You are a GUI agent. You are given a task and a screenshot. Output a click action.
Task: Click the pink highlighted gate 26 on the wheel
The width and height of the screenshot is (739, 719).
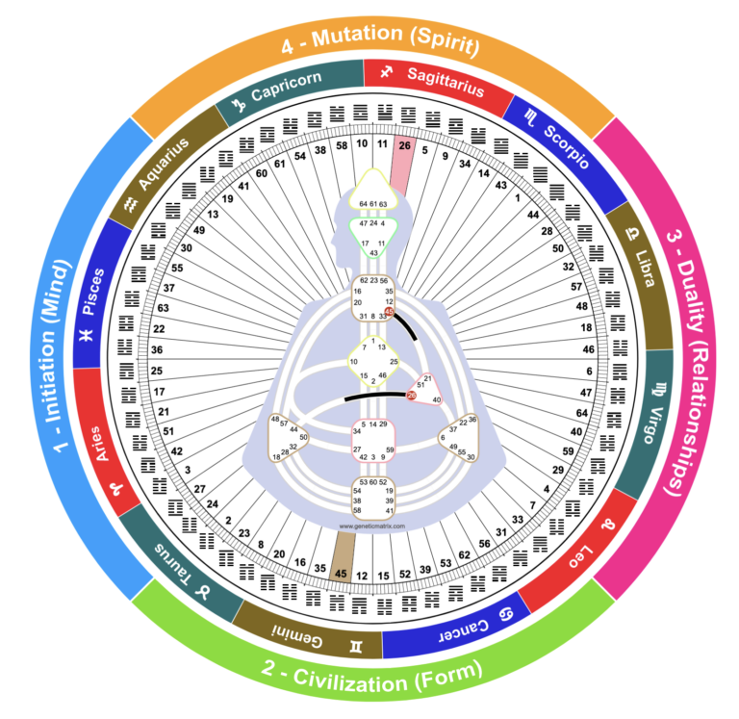(405, 146)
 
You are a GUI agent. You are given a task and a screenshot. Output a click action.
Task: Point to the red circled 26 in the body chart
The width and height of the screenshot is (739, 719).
(411, 396)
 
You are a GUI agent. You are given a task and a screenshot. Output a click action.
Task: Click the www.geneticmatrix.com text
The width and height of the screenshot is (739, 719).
(371, 526)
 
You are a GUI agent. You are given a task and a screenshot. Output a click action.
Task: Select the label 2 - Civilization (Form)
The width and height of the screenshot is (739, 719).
(371, 680)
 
